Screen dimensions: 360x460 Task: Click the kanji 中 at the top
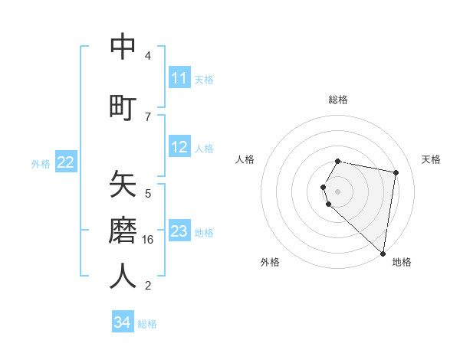click(123, 47)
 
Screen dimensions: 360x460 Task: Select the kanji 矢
click(123, 185)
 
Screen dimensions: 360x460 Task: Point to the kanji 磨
click(123, 229)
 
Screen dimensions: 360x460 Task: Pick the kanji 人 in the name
click(123, 276)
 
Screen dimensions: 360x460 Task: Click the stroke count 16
click(148, 240)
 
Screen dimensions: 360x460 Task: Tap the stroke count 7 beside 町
click(148, 116)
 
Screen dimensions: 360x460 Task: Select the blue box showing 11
click(179, 78)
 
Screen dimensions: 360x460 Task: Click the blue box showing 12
click(179, 147)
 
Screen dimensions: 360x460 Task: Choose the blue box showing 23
click(179, 231)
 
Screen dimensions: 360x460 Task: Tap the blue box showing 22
click(66, 162)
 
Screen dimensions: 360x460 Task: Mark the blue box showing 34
click(123, 322)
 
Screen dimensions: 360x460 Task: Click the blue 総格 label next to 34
click(147, 324)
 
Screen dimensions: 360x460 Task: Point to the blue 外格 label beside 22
click(41, 163)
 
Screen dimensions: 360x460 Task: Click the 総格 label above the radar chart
click(338, 100)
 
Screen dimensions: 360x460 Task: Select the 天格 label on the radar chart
click(431, 159)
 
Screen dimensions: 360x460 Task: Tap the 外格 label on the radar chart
click(270, 262)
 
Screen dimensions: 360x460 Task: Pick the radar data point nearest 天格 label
click(396, 173)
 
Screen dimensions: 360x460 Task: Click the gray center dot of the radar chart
click(338, 191)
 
